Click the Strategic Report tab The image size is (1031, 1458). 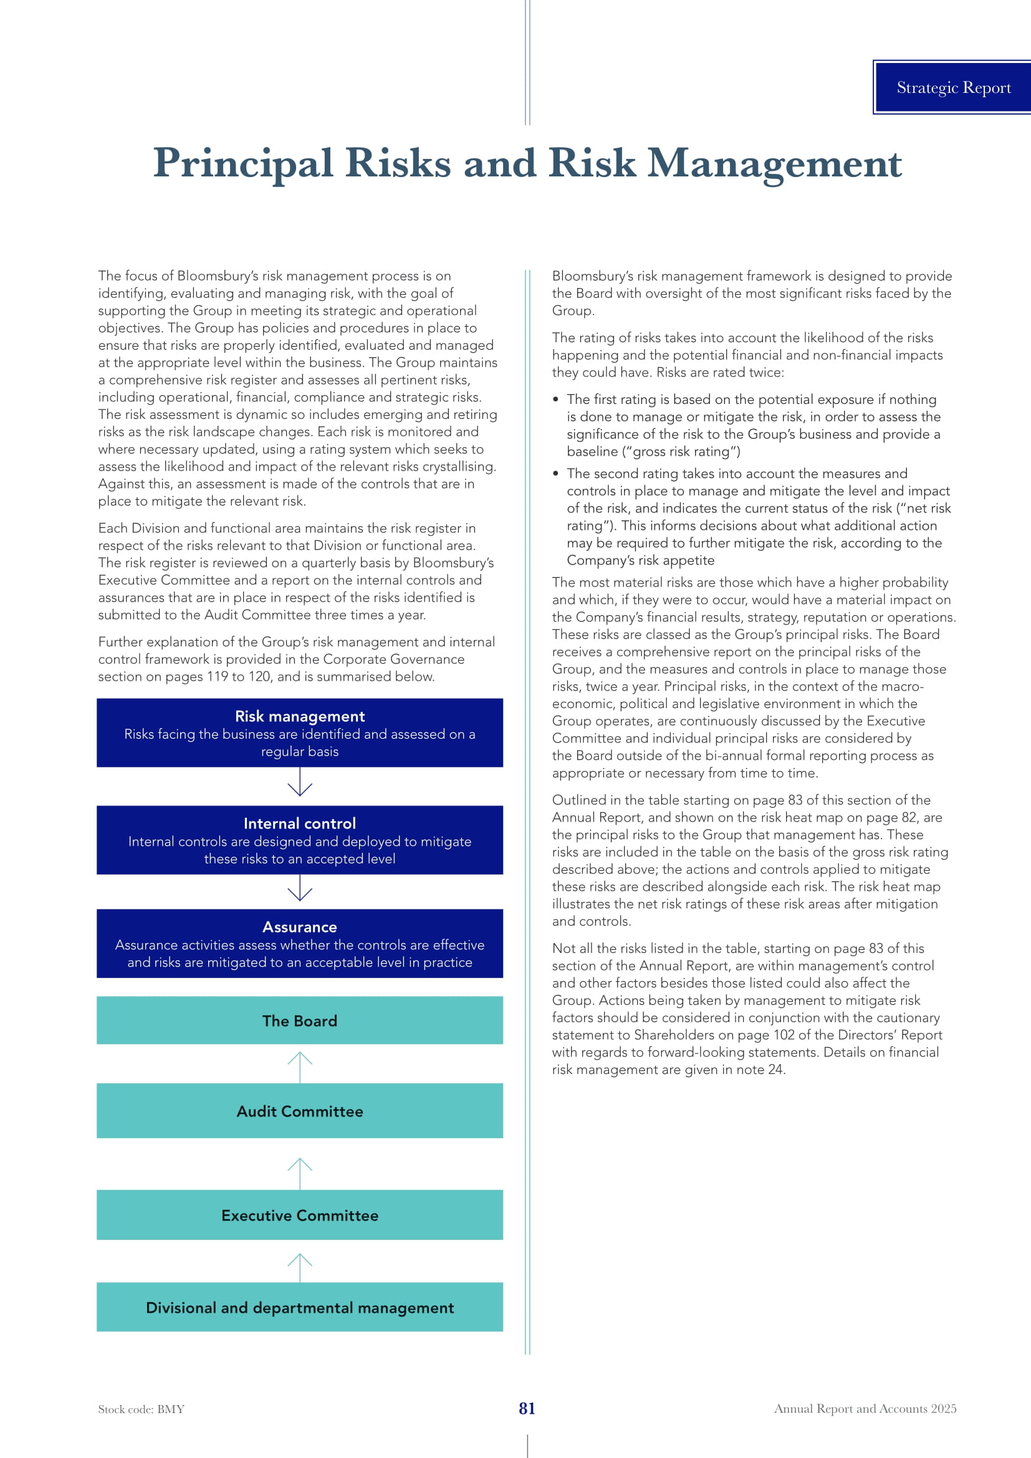[953, 88]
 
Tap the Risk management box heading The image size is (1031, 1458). [300, 716]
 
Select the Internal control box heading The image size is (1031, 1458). [300, 823]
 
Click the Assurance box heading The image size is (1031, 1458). [300, 927]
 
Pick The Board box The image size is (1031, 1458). [300, 1020]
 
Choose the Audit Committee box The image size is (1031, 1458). [300, 1111]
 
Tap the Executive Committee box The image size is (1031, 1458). [300, 1216]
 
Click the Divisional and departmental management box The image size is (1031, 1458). [300, 1308]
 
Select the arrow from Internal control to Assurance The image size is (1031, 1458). [300, 889]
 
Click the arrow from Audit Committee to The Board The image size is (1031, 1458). [300, 1066]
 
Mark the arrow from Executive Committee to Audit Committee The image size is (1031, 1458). [300, 1173]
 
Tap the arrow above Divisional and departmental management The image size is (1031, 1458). [300, 1267]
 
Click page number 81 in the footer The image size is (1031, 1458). [527, 1409]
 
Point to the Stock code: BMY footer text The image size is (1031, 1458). [141, 1409]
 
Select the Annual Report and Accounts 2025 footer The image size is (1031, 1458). [865, 1409]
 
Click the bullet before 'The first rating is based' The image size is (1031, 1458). [555, 400]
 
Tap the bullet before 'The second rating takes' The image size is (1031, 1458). [555, 474]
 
